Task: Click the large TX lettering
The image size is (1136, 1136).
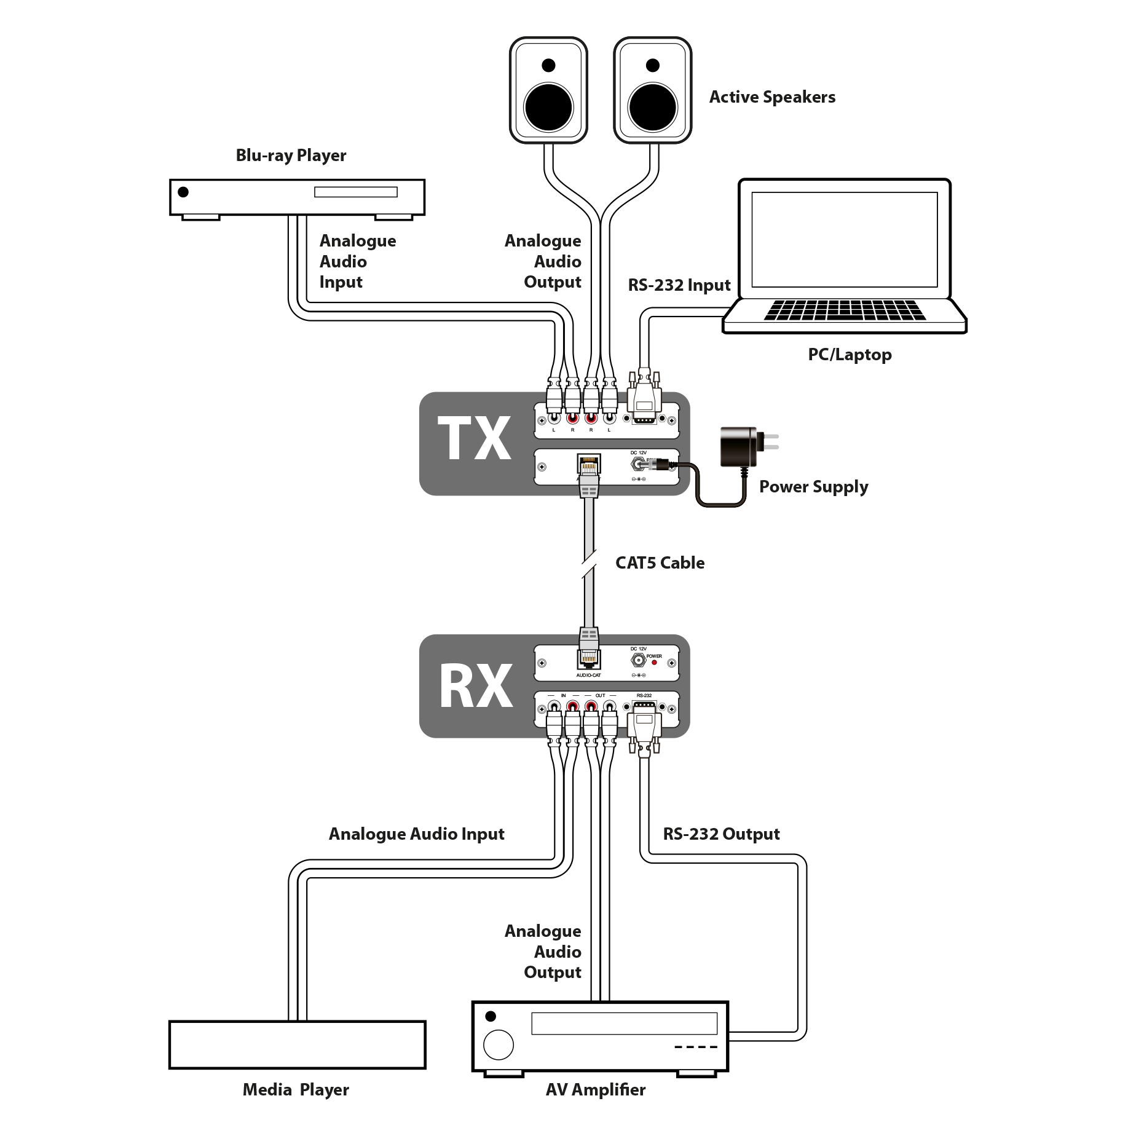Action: coord(476,440)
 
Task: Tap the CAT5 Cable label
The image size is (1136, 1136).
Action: coord(660,563)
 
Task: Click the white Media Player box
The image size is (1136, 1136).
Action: coord(297,1044)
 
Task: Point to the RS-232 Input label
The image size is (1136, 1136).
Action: coord(679,286)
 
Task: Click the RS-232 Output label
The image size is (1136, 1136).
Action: coord(721,834)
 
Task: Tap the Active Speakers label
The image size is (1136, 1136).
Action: coord(772,97)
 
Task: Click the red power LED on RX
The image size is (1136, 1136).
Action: coord(654,663)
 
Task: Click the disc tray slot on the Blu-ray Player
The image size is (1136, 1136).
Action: coord(355,192)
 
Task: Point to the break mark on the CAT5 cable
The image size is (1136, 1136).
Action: coord(589,564)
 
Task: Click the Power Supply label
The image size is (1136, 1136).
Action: coord(813,487)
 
